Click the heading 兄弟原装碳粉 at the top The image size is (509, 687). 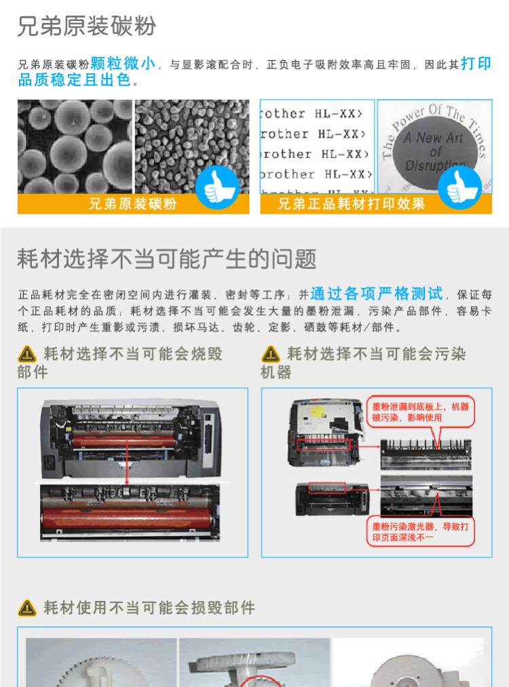click(x=86, y=26)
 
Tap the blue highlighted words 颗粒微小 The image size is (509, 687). click(x=123, y=64)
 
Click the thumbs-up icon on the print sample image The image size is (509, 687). click(x=460, y=184)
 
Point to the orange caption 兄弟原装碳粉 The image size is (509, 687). click(x=132, y=204)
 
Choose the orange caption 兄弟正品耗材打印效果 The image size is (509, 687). click(x=351, y=204)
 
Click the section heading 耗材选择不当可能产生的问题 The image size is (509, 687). click(x=167, y=258)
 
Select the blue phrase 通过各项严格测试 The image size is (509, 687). click(x=377, y=294)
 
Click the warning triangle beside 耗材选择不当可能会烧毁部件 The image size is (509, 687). click(x=27, y=354)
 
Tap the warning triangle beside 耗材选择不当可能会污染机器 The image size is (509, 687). click(x=271, y=354)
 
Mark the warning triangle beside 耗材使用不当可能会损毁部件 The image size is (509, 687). click(x=27, y=607)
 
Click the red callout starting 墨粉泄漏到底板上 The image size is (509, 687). click(x=420, y=412)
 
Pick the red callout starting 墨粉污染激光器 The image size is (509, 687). click(x=420, y=531)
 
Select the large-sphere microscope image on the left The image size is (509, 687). click(x=75, y=146)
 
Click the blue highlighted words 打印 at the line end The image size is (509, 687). click(x=476, y=64)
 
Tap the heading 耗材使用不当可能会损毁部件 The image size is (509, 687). click(x=149, y=607)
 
